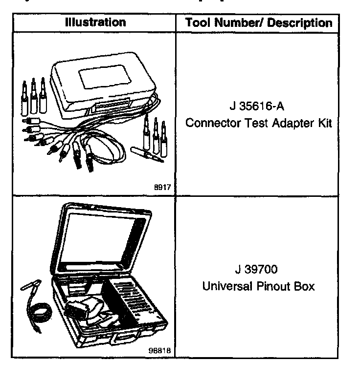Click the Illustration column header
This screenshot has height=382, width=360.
click(x=96, y=22)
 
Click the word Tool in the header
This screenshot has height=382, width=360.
click(x=198, y=23)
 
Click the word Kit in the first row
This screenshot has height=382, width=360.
click(x=325, y=123)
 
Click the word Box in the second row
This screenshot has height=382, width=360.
click(x=304, y=286)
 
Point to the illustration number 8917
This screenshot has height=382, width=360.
click(x=167, y=187)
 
